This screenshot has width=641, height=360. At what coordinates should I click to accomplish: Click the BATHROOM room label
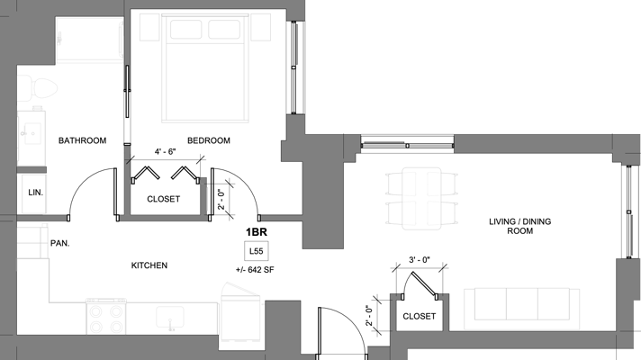click(83, 141)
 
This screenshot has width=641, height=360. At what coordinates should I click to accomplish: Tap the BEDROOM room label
click(208, 141)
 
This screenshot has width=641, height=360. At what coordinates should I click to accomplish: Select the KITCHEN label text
click(149, 265)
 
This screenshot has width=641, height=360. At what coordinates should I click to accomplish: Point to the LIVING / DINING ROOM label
click(511, 225)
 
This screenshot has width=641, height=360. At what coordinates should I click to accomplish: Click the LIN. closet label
click(36, 193)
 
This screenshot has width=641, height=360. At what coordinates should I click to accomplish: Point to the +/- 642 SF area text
click(257, 269)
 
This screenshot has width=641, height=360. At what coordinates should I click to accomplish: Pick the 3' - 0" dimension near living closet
click(419, 260)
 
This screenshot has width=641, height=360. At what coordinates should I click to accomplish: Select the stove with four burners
click(106, 317)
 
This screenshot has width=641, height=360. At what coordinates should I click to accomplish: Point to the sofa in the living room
click(521, 303)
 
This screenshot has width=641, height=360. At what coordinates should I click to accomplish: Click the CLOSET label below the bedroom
click(163, 199)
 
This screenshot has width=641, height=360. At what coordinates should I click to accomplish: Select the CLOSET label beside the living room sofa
click(419, 317)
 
